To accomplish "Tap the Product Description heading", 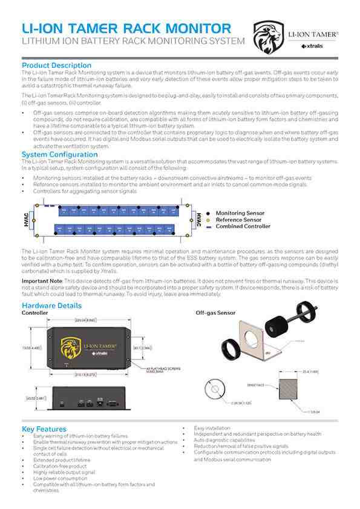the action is pyautogui.click(x=56, y=65).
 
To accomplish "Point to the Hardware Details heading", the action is pyautogui.click(x=51, y=306).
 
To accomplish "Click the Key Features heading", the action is pyautogui.click(x=44, y=429).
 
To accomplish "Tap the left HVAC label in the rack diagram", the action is pyautogui.click(x=27, y=219).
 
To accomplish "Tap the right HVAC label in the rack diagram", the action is pyautogui.click(x=197, y=219).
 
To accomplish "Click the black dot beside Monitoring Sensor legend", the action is pyautogui.click(x=208, y=214).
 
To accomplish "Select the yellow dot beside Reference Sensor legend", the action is pyautogui.click(x=208, y=220).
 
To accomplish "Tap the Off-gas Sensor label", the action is pyautogui.click(x=217, y=314).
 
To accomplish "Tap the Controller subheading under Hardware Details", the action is pyautogui.click(x=34, y=314).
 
